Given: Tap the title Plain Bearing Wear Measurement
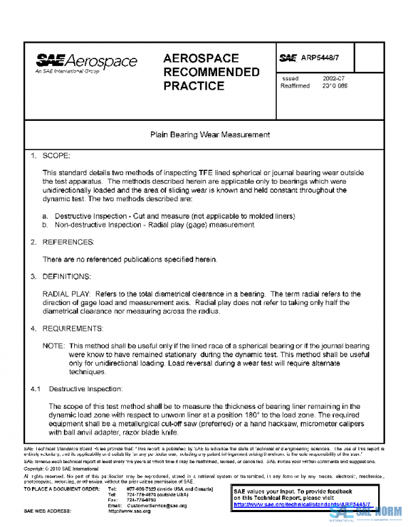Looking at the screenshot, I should tap(209, 135).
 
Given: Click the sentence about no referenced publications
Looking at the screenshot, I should tap(130, 259).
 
